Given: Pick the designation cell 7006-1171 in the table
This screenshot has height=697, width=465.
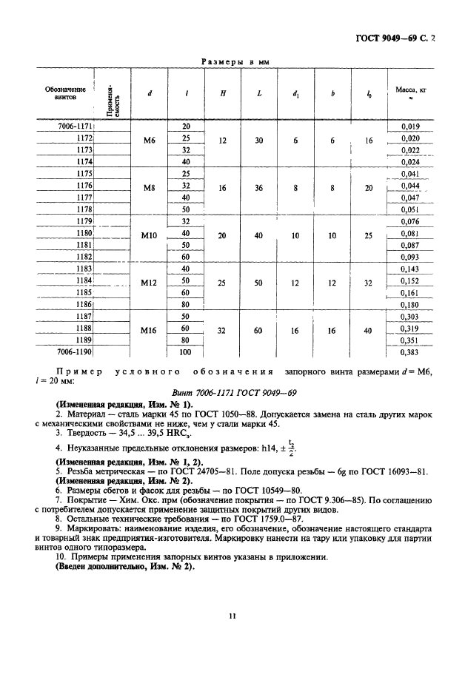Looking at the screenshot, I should click(76, 127).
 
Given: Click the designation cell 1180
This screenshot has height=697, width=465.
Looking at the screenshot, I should click(84, 233).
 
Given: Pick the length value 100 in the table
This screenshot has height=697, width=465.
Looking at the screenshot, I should click(186, 352).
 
